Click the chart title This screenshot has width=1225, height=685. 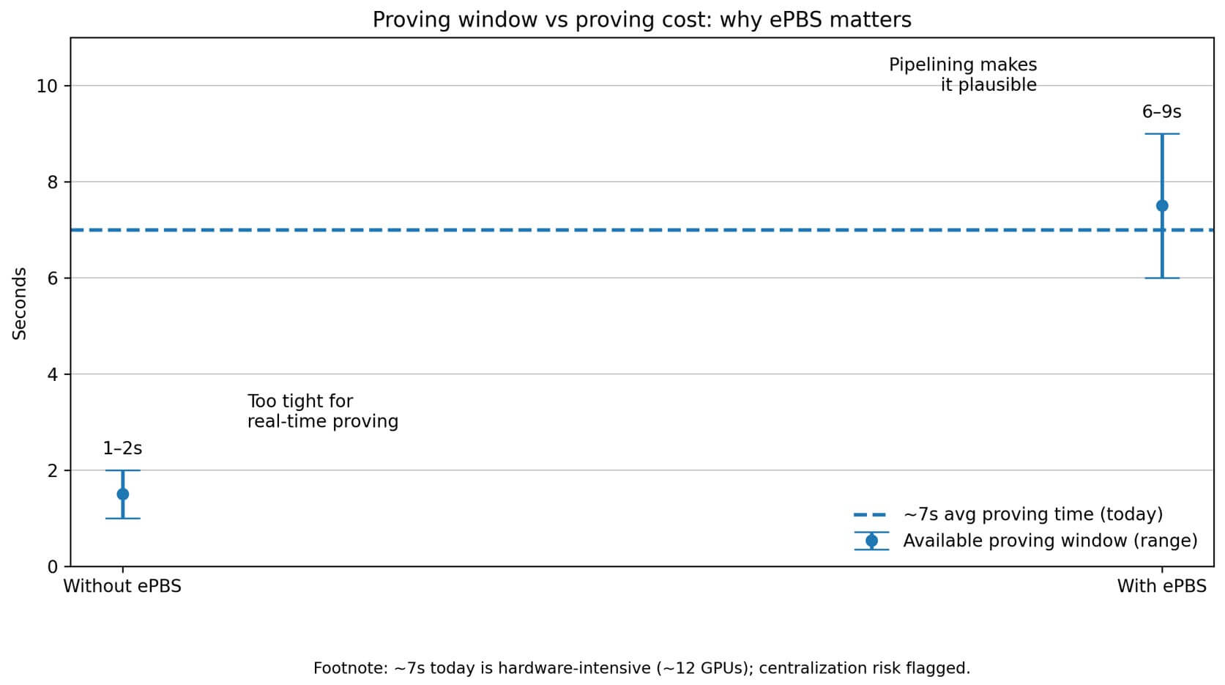pos(641,20)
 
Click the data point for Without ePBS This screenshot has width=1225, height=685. pos(122,494)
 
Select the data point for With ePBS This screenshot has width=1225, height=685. pos(1161,206)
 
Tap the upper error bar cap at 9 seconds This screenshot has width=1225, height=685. pos(1161,134)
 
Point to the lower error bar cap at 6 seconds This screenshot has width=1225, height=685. pos(1161,278)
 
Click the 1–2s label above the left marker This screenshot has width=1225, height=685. pos(122,448)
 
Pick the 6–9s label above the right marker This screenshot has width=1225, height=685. pos(1161,112)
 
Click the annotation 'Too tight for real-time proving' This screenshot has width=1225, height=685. pos(322,412)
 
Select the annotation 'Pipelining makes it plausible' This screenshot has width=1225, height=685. pos(962,75)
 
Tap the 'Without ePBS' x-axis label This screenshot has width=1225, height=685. pos(122,586)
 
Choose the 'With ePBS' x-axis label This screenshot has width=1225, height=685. pos(1161,586)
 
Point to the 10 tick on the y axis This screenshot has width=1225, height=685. pos(47,86)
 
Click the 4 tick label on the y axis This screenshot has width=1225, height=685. pos(53,374)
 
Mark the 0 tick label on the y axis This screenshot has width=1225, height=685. pos(53,567)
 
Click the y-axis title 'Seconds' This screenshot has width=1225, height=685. pos(20,303)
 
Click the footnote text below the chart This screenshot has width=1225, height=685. pos(641,668)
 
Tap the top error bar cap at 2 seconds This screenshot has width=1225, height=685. pos(122,470)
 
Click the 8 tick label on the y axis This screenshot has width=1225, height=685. pos(53,182)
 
